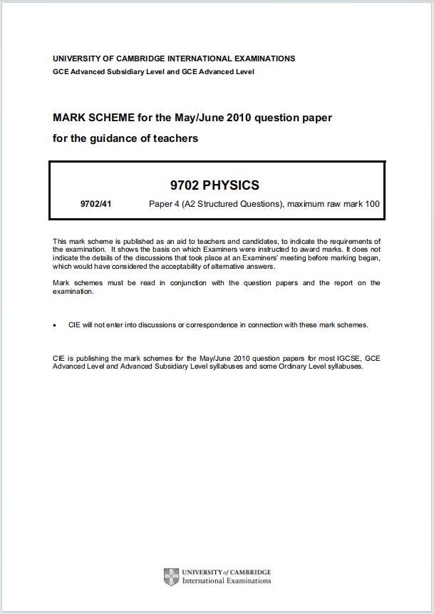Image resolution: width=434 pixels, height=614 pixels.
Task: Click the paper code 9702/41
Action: (x=96, y=204)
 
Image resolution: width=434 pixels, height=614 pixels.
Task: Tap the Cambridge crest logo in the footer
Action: (x=171, y=576)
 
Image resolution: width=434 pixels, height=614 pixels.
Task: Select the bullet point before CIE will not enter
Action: (x=55, y=324)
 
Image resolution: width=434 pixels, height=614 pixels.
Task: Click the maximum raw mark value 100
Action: (x=371, y=204)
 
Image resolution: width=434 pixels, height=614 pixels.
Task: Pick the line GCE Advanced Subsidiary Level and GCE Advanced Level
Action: (x=153, y=71)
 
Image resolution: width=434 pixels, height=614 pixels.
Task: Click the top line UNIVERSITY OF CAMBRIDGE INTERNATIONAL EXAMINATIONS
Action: (x=174, y=58)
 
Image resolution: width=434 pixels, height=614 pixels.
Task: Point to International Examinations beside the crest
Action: (x=227, y=580)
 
